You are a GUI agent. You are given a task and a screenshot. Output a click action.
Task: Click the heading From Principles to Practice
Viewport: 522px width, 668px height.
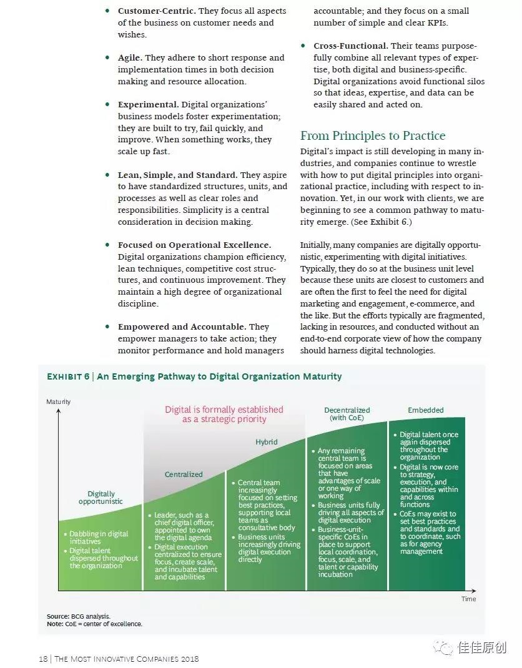pos(373,136)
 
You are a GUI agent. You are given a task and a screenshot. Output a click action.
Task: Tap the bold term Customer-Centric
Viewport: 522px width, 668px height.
pos(157,11)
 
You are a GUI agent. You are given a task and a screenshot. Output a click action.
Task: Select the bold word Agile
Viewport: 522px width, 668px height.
pos(130,58)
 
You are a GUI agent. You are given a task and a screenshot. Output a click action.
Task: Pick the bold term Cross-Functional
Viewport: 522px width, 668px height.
pos(350,46)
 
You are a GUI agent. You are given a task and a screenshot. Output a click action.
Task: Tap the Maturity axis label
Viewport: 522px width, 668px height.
pos(59,401)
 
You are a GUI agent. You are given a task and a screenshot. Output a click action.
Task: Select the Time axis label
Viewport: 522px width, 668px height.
pos(468,599)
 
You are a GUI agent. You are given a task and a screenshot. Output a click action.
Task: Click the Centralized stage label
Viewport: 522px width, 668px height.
pos(184,474)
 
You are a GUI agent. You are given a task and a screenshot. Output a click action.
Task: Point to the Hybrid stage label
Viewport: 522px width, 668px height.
pos(267,442)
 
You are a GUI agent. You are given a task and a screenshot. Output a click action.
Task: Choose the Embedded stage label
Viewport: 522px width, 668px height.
pos(426,410)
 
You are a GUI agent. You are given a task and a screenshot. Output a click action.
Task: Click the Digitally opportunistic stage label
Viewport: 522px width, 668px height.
pos(101,498)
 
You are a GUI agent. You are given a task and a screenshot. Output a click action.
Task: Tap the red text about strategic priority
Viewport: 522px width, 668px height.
pos(224,415)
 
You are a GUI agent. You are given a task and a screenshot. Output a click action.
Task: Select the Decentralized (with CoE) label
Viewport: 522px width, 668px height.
pos(347,414)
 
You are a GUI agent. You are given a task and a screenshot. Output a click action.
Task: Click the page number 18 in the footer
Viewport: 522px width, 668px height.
pos(43,659)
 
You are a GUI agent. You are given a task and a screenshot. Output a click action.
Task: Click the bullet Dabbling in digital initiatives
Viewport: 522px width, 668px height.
pos(98,538)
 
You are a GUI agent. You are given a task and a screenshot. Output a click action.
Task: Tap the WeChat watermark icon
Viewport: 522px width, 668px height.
pos(444,647)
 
